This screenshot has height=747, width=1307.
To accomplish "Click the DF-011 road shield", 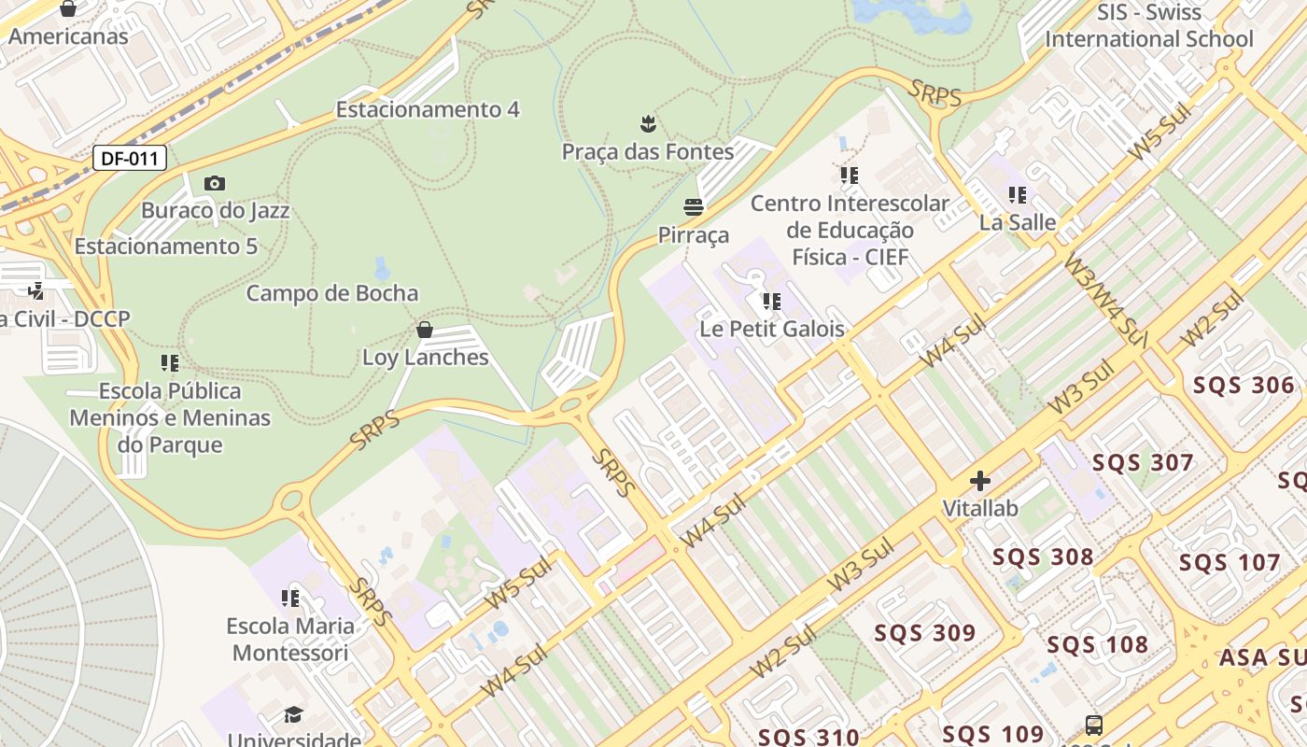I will pos(130,158).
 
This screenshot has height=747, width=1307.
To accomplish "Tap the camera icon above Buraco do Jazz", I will pos(215,183).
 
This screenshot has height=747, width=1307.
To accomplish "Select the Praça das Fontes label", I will pos(647,151).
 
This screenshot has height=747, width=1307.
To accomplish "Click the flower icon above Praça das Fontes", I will pos(647,122).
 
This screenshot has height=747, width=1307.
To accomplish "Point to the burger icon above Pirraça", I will pos(693,206).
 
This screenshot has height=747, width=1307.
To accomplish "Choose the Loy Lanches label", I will pos(425,358).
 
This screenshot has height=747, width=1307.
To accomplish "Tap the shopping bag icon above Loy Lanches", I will pos(425,330).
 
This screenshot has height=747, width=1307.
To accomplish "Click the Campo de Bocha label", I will pos(331,293).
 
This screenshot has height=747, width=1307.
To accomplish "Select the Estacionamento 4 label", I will pos(427,109).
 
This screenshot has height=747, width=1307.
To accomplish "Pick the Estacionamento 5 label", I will pos(166,247).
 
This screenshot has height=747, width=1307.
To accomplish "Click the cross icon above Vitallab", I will pos(980,481).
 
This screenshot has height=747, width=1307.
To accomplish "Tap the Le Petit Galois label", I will pos(772,329).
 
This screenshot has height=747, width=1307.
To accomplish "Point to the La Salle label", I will pos(1018,222).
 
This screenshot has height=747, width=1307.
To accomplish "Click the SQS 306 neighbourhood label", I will pos(1244,386).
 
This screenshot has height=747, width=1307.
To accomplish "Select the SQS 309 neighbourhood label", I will pos(924,633).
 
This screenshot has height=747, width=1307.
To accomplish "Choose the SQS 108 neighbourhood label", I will pos(1097,645).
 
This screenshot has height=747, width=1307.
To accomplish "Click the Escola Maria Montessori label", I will pos(290,639).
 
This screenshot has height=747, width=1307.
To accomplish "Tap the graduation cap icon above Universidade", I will pos(293,714).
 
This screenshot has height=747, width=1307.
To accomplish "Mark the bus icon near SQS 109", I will pos(1093,725).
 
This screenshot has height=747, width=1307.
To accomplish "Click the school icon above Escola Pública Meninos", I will pos(170,362).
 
